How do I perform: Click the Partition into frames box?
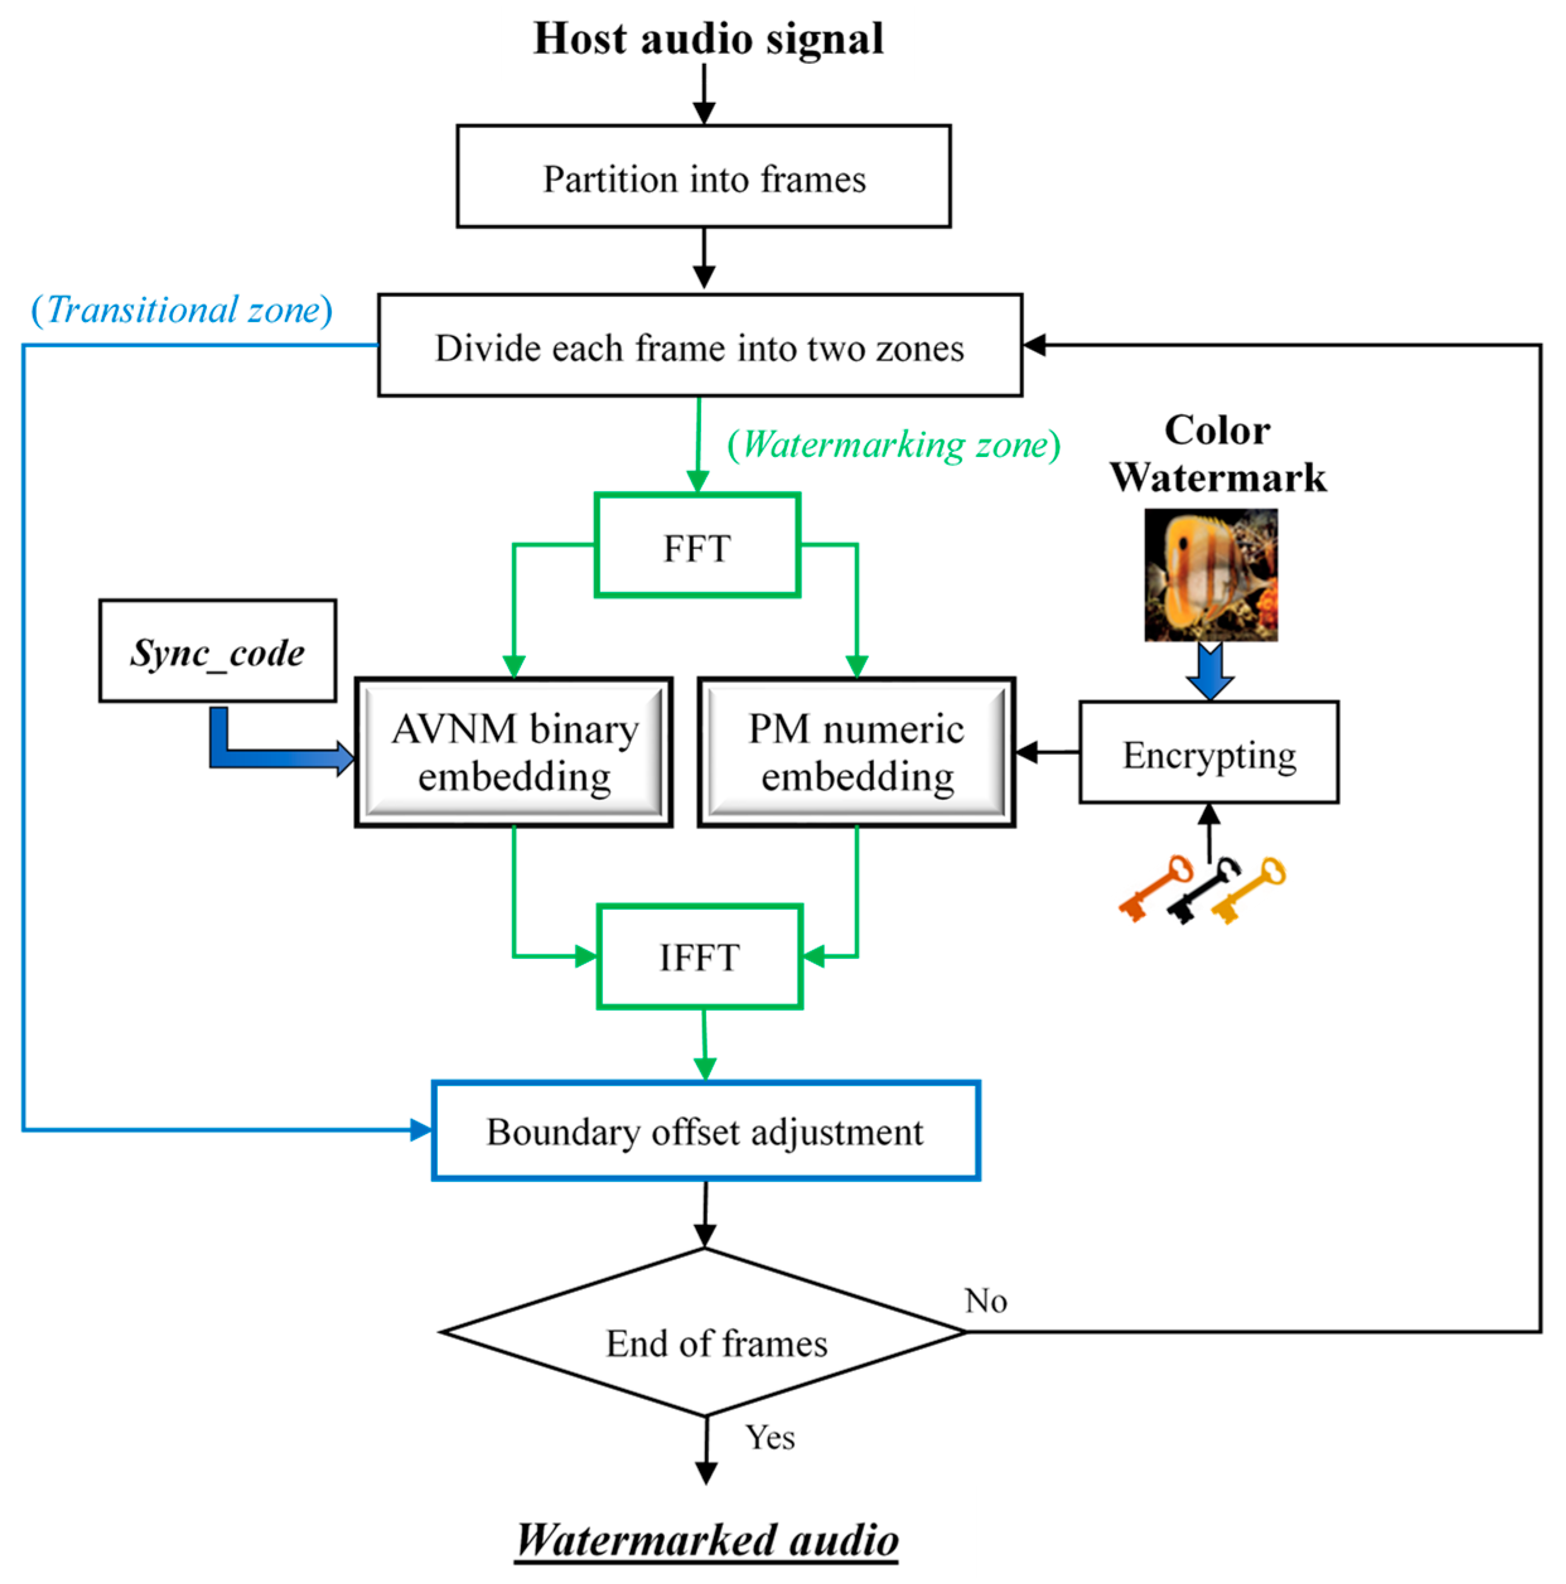pyautogui.click(x=704, y=176)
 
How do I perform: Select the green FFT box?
pyautogui.click(x=697, y=545)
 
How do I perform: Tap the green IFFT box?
pyautogui.click(x=699, y=956)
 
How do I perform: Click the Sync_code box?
pyautogui.click(x=217, y=651)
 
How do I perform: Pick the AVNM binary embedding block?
pyautogui.click(x=514, y=752)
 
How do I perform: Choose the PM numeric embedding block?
pyautogui.click(x=857, y=752)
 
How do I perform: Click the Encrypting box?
pyautogui.click(x=1209, y=752)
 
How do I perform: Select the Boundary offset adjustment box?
pyautogui.click(x=705, y=1131)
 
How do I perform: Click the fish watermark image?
pyautogui.click(x=1210, y=575)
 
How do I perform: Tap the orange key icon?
pyautogui.click(x=1154, y=889)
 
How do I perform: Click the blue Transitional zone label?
pyautogui.click(x=182, y=310)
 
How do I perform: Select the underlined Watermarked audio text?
pyautogui.click(x=707, y=1539)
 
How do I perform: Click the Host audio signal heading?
pyautogui.click(x=709, y=38)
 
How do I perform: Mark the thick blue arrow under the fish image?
pyautogui.click(x=1209, y=671)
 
